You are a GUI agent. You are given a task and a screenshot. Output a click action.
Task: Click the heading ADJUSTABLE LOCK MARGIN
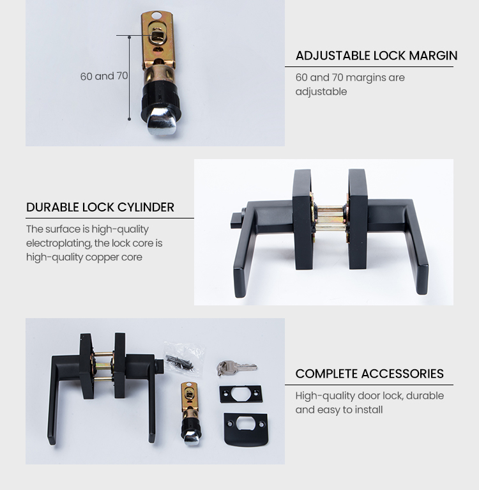[377, 56]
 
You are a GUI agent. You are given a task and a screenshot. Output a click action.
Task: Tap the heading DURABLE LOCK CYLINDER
[100, 207]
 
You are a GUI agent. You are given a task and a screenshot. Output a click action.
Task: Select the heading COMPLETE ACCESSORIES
[370, 374]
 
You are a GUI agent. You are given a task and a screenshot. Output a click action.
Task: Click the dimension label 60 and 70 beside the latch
[104, 76]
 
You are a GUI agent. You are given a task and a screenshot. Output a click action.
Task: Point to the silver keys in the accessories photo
[237, 367]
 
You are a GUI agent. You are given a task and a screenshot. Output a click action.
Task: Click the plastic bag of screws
[185, 358]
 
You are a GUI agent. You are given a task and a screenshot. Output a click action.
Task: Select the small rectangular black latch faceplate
[241, 394]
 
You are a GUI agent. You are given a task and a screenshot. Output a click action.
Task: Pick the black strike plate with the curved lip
[246, 429]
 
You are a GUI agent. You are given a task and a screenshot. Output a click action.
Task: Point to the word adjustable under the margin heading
[321, 91]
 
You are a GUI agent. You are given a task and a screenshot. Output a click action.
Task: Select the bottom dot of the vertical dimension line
[130, 119]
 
